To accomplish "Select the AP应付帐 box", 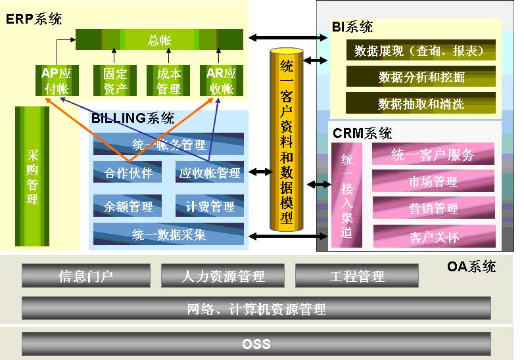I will click(55, 81).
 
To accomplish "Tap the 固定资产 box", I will click(115, 81).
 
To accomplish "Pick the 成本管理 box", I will click(168, 81).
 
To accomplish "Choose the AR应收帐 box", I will click(221, 81).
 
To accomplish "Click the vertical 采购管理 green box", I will click(32, 175).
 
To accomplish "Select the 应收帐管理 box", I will click(210, 173).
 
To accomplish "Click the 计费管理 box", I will click(210, 206).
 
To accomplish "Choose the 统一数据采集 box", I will click(168, 235).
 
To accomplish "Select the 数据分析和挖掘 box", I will click(421, 77).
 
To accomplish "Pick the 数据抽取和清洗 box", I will click(421, 104).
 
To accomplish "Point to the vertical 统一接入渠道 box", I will click(347, 196).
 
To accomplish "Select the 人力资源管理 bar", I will click(222, 276).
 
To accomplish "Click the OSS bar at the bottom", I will click(256, 344).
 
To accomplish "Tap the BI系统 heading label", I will click(352, 27).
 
